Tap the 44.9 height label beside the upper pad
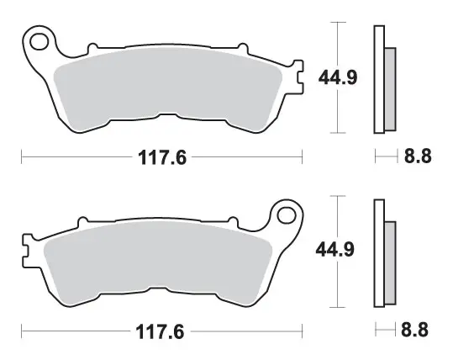[x=338, y=77]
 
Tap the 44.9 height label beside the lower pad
[x=334, y=250]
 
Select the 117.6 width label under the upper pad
[x=162, y=157]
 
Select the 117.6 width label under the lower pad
[x=160, y=331]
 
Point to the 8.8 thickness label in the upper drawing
[x=418, y=156]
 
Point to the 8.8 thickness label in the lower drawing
[x=414, y=330]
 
